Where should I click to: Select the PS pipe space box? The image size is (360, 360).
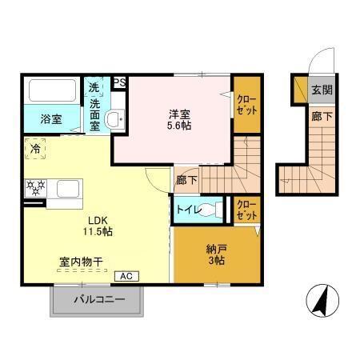(x=119, y=82)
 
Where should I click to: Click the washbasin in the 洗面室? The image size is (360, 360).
(x=114, y=120)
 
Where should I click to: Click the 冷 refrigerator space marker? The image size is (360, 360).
(x=35, y=149)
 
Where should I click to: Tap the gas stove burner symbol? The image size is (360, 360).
(x=35, y=189)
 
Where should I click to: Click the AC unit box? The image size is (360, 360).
(x=126, y=276)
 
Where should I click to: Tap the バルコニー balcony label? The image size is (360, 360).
(x=99, y=301)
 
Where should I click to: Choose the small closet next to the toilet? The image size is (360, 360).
(x=247, y=210)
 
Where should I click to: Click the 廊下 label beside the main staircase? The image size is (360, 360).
(x=186, y=180)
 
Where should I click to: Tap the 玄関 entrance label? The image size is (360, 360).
(x=322, y=90)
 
